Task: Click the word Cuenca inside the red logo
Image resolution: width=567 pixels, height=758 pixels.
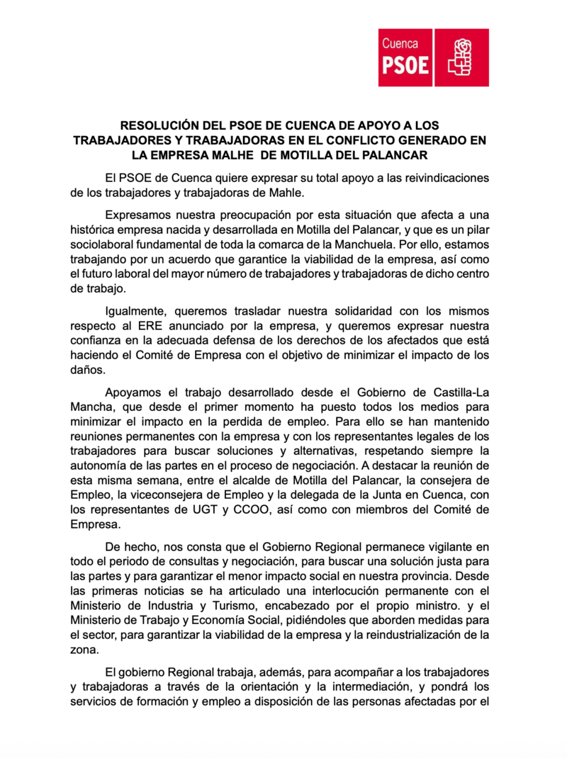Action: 400,44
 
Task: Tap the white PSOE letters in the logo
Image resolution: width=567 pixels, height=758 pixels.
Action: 405,65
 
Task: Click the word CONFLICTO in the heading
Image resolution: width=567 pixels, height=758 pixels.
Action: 365,140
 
